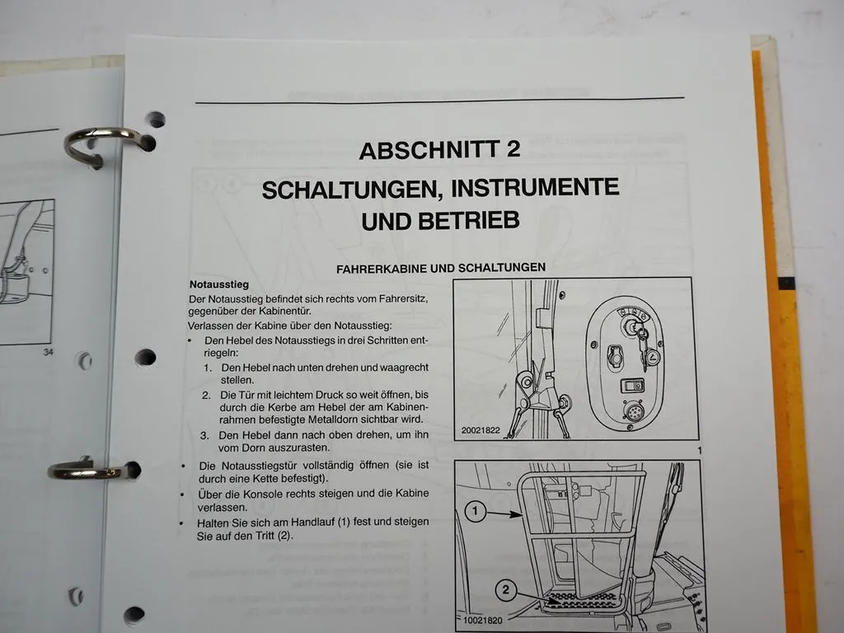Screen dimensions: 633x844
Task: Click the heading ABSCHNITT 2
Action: coord(440,150)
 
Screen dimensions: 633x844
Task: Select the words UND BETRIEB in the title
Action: coord(440,221)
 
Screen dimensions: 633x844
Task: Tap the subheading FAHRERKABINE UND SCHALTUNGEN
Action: coord(441,268)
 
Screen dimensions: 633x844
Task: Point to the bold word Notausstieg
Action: coord(213,284)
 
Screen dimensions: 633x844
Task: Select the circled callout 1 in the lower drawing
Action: coord(473,512)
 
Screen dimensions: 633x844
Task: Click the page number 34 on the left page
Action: coord(45,353)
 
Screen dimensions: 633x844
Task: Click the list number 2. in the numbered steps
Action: coord(207,396)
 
